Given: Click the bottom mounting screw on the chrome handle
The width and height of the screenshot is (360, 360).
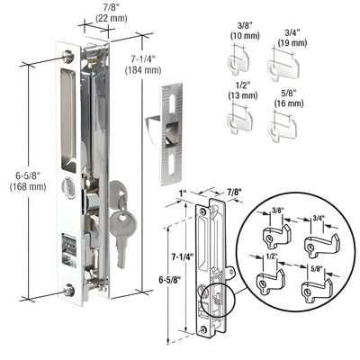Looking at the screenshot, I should pos(70,290).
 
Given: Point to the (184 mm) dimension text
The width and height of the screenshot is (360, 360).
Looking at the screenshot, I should pos(143,70).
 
